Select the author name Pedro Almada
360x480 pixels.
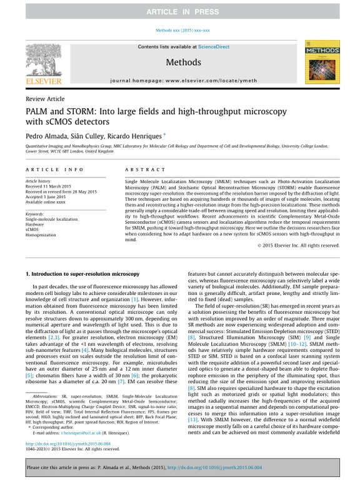47,135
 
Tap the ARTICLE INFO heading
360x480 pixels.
54,169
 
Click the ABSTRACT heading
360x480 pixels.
141,169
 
